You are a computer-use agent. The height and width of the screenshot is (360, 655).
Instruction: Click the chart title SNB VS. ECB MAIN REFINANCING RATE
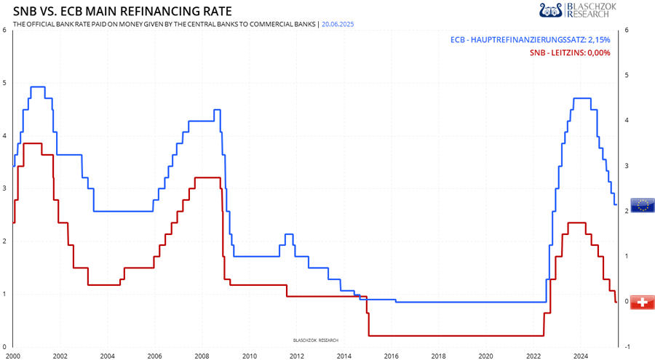coord(123,12)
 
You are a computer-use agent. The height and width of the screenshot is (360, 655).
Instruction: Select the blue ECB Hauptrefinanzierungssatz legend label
coord(531,40)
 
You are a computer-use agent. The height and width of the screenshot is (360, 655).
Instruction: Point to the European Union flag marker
coord(642,205)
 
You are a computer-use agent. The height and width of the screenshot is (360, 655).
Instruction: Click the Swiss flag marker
coord(642,302)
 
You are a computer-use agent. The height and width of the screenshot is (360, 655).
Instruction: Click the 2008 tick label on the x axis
coord(202,356)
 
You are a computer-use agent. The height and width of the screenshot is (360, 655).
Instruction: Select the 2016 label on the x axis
coord(391,356)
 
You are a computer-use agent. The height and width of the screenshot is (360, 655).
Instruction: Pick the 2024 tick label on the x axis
coord(581,356)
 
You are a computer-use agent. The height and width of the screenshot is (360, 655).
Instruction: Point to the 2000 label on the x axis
coord(13,356)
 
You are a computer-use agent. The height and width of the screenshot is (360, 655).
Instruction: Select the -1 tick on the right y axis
coord(627,346)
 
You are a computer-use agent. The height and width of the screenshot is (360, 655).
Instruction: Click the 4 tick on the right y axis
coord(627,120)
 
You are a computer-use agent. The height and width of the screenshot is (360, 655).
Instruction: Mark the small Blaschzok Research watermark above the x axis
coord(315,340)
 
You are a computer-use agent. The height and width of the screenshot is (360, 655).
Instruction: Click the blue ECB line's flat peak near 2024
coord(581,98)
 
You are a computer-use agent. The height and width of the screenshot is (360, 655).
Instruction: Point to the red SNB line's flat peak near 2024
coord(576,223)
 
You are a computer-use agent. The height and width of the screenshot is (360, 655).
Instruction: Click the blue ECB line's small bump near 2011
coord(289,234)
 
